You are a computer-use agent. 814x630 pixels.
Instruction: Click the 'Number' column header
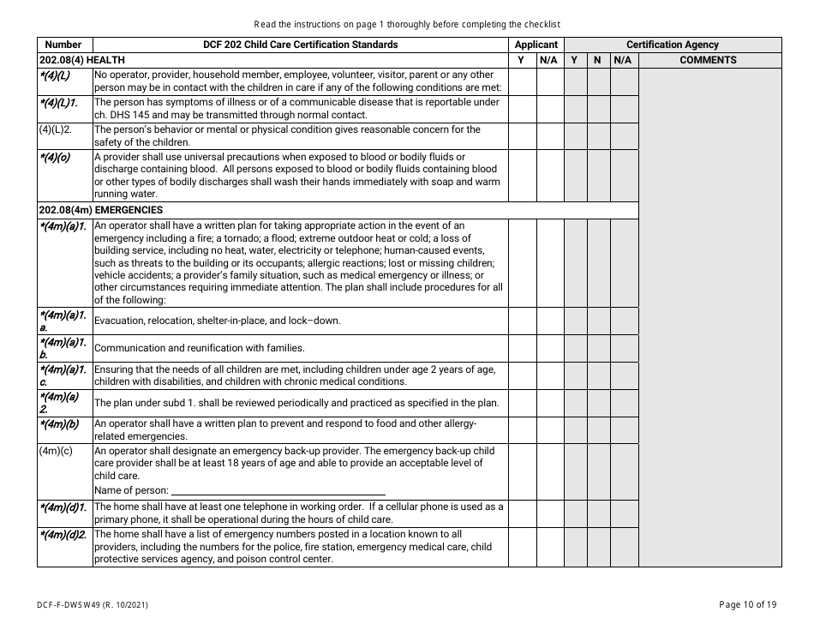63,45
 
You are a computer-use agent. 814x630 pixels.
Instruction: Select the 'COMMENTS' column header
708,60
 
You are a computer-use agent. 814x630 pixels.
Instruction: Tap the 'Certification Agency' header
673,45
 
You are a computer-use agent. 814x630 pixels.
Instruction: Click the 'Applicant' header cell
536,45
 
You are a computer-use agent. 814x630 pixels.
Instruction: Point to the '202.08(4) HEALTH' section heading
82,60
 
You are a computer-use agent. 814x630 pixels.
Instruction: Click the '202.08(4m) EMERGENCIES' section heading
101,209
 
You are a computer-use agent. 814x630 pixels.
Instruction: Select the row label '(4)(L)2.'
56,130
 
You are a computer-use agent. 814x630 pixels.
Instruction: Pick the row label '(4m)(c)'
56,451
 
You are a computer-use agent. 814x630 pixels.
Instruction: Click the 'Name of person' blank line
278,490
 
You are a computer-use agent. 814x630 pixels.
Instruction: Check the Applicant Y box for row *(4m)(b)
522,429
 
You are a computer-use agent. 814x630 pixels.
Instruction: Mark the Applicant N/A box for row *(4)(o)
549,176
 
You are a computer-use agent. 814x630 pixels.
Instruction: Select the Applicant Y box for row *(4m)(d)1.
522,513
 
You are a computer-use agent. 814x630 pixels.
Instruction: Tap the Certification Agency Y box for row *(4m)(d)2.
575,546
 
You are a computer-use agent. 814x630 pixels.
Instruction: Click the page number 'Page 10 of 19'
748,604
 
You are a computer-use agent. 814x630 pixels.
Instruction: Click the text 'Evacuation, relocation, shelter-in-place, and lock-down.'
217,321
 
